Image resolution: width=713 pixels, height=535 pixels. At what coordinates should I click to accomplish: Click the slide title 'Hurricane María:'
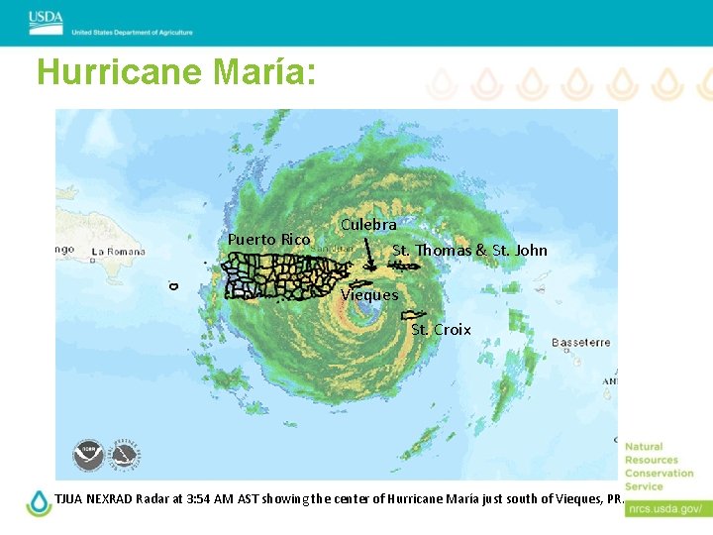[x=176, y=72]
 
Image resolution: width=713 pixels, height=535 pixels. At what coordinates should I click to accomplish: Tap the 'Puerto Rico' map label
[x=269, y=239]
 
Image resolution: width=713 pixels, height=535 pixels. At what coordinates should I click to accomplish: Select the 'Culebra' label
[x=368, y=225]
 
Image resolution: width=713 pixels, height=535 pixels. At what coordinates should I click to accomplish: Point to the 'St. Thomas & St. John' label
[x=469, y=250]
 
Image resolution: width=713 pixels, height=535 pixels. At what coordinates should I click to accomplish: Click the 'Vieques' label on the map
[x=369, y=294]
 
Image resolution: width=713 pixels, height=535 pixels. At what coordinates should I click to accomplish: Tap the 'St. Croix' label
[x=441, y=329]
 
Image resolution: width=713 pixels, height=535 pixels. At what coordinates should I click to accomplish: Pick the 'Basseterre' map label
[x=581, y=343]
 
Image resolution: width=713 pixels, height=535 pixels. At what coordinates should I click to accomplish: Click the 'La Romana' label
[x=119, y=252]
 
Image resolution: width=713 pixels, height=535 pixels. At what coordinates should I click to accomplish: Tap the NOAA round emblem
[x=88, y=455]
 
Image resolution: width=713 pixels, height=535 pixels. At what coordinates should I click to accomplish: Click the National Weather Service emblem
[x=124, y=455]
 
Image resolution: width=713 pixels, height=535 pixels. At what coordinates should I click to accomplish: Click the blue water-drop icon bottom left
[x=39, y=502]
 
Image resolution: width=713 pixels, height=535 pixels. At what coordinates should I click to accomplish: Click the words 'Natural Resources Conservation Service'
[x=659, y=467]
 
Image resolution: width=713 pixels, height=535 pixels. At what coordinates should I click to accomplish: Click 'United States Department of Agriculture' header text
[x=132, y=32]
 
